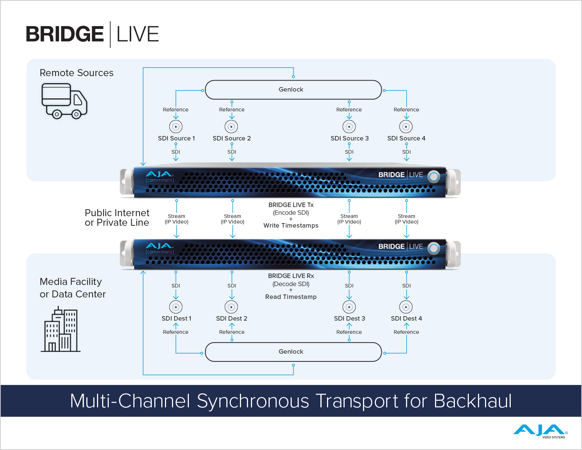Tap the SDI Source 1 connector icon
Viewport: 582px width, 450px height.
(176, 126)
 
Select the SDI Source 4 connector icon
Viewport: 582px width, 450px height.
(406, 126)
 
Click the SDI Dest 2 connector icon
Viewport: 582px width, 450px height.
(231, 307)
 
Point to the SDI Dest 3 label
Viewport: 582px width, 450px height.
(349, 318)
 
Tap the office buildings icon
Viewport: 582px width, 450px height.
(61, 330)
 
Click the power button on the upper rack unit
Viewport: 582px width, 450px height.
(434, 177)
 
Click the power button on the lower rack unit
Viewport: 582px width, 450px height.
(434, 249)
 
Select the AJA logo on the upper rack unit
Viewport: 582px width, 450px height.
(159, 174)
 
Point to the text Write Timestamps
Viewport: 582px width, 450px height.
(291, 225)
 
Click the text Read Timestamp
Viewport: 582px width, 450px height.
(291, 297)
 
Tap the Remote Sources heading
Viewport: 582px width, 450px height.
(76, 73)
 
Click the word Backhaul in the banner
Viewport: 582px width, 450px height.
(473, 401)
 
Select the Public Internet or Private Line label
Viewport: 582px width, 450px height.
(117, 218)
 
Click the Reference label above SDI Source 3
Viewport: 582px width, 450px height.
(349, 110)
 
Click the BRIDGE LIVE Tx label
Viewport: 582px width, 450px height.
(291, 205)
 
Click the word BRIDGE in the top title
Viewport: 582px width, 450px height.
(65, 34)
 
